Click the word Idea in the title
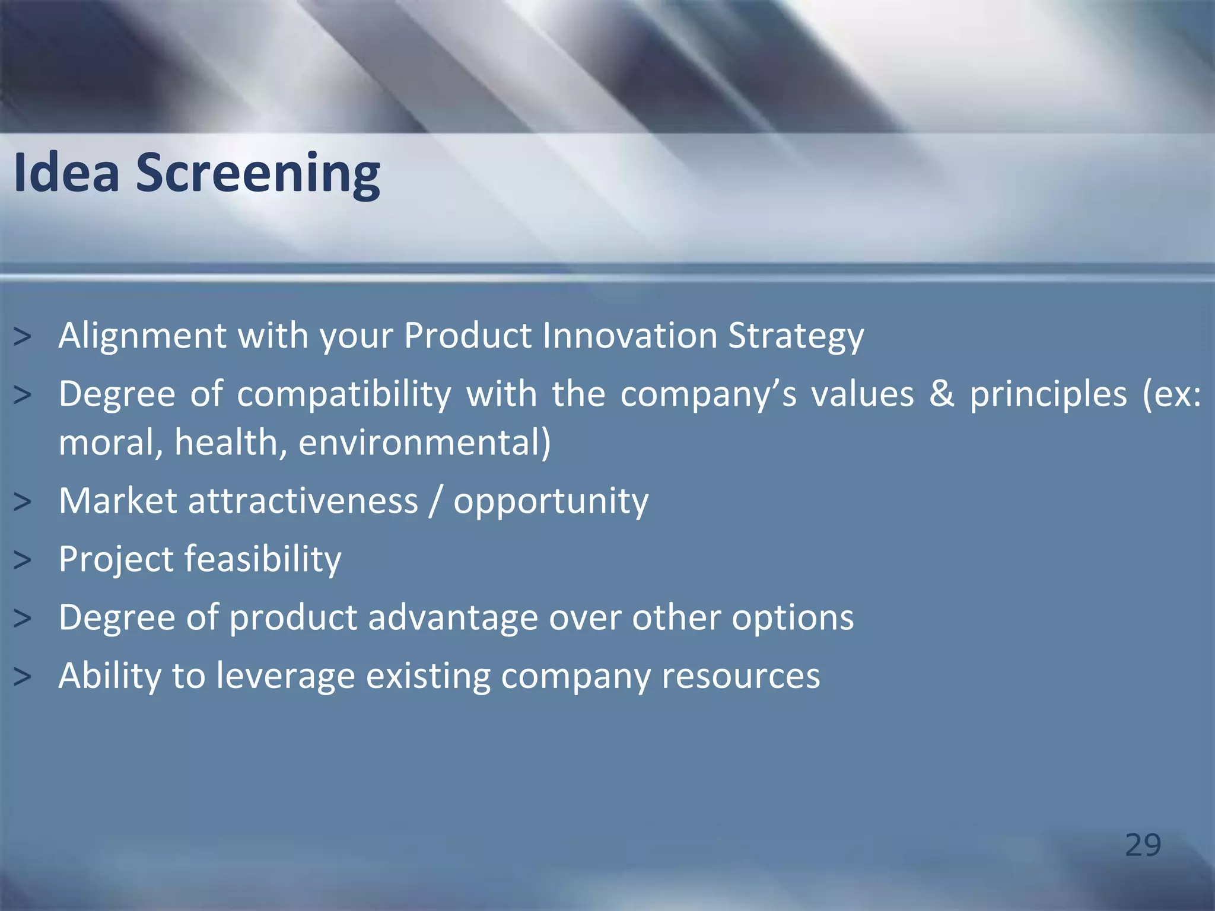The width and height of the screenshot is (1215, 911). click(x=66, y=173)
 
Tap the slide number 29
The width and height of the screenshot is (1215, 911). click(x=1143, y=845)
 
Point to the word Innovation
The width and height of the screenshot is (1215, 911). click(x=629, y=336)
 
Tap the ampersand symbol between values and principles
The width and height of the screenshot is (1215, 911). click(x=942, y=394)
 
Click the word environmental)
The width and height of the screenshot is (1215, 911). click(x=424, y=443)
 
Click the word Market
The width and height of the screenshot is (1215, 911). click(x=117, y=501)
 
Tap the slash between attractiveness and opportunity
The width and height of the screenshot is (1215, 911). click(x=436, y=501)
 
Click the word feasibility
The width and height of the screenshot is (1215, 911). click(x=263, y=560)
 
